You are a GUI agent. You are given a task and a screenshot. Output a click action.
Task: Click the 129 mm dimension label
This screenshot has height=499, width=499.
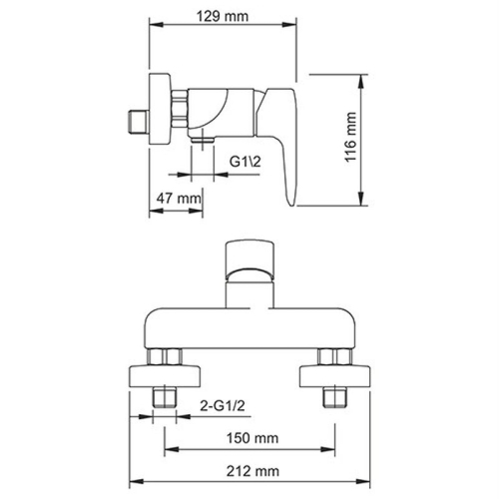224,17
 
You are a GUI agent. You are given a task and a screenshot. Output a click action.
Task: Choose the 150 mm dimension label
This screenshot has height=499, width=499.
252,435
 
